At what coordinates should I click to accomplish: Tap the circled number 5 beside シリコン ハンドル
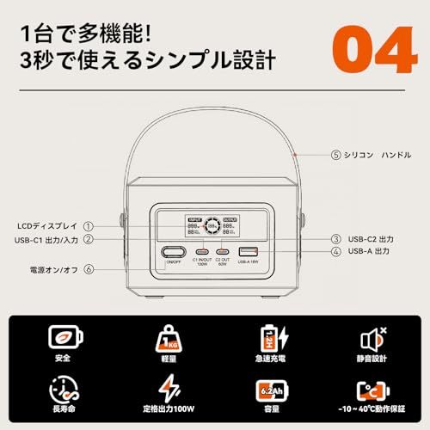[x=336, y=156]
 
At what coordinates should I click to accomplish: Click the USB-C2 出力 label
[x=373, y=238]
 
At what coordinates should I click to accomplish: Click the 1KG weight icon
[x=164, y=336]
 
